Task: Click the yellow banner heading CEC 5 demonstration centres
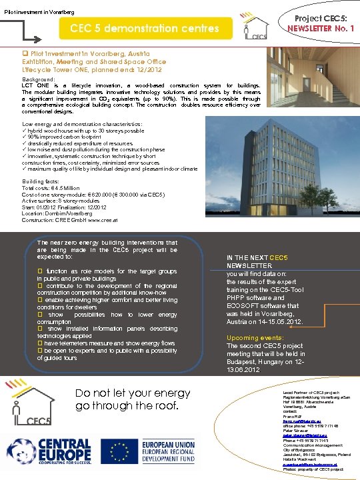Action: click(x=145, y=29)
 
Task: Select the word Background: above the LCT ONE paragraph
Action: click(x=39, y=79)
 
